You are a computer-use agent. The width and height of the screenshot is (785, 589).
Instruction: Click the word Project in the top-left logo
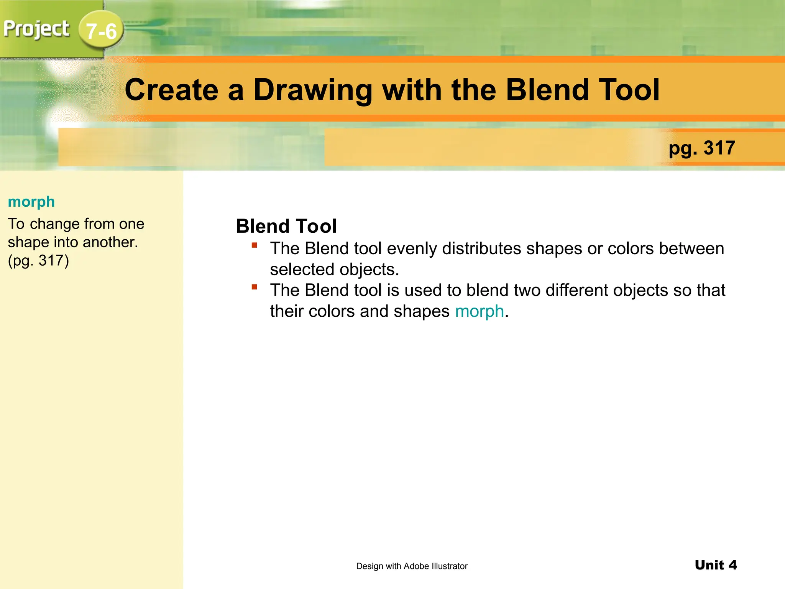tap(36, 29)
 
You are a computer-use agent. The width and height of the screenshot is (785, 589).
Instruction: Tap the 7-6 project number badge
tap(101, 31)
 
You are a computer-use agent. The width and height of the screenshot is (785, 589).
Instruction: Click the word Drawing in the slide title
tap(313, 90)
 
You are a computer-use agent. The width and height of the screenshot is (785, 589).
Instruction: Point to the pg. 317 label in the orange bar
tap(702, 148)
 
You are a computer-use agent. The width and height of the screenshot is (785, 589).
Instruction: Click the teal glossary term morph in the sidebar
tap(31, 202)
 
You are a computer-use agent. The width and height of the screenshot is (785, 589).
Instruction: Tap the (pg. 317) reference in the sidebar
tap(38, 261)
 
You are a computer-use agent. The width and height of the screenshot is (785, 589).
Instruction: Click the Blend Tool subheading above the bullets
tap(286, 226)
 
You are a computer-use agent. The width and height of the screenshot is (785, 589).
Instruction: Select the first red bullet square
tap(254, 245)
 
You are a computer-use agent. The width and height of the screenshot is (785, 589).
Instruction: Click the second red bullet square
tap(254, 287)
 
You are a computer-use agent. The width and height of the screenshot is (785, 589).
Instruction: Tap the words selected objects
tap(334, 270)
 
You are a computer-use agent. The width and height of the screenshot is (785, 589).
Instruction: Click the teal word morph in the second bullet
tap(479, 311)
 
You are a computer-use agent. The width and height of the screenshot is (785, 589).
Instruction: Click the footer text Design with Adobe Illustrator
tap(412, 566)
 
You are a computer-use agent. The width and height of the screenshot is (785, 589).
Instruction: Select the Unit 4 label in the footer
tap(716, 565)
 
